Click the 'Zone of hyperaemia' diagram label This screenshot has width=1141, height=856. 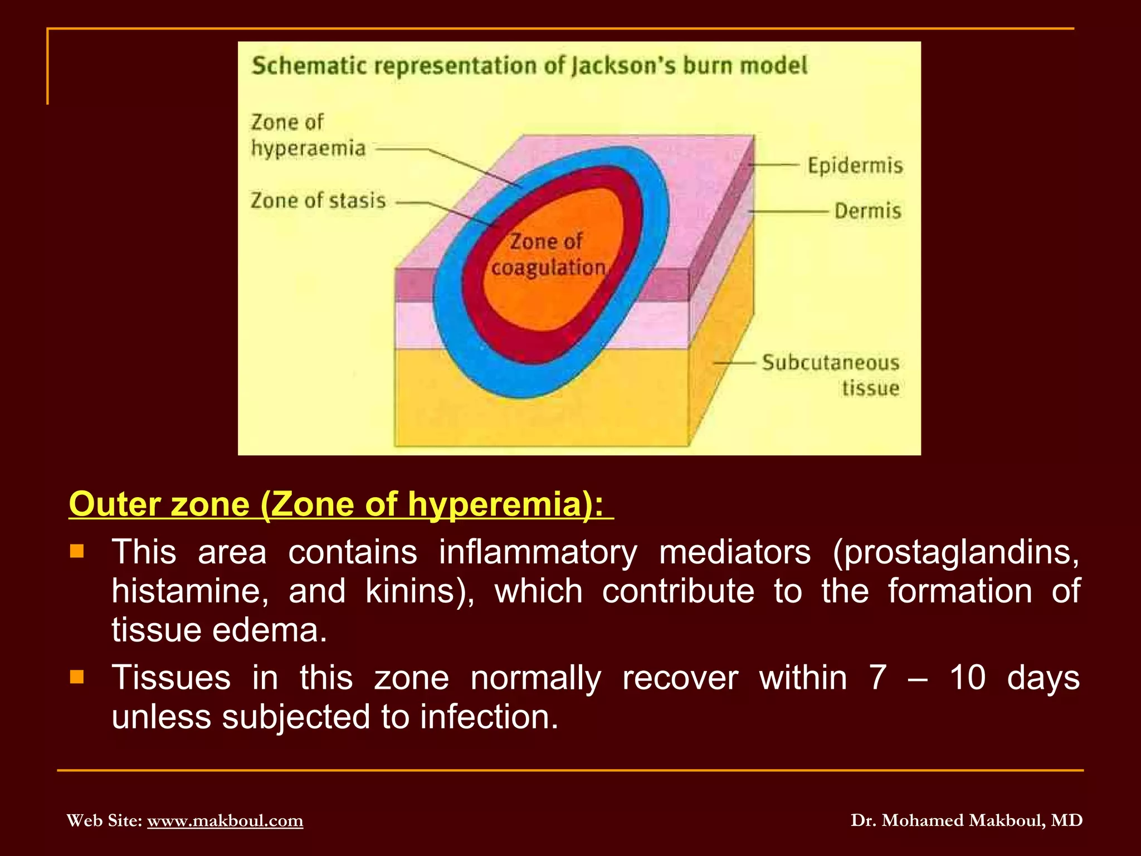coord(308,135)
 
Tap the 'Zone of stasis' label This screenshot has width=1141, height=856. coord(318,201)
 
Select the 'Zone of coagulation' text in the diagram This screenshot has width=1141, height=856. coord(548,255)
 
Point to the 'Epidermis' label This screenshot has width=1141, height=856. coord(855,166)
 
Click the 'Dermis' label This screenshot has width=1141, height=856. coord(867,211)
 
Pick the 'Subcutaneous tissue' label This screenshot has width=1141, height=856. coord(831,375)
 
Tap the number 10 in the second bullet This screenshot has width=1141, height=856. coord(968,678)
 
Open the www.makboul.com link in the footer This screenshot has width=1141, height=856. coord(225,820)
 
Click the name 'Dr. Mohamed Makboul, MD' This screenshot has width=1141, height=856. coord(967,820)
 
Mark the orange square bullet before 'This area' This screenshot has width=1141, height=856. coord(77,552)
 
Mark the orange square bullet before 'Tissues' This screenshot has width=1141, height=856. coord(77,677)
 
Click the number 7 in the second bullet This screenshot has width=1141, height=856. coord(878,678)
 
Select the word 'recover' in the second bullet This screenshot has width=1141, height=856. coord(680,678)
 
